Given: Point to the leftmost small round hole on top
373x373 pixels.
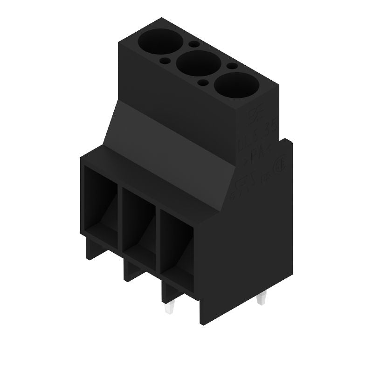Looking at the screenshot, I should pos(164,60).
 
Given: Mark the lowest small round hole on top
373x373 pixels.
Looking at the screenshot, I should pos(203,83).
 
